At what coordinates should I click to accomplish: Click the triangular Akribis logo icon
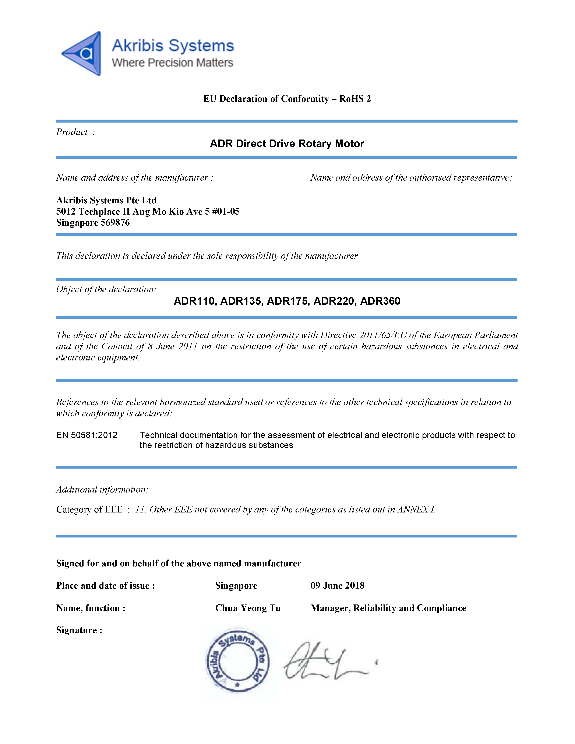pyautogui.click(x=83, y=53)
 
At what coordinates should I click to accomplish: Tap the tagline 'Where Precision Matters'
pyautogui.click(x=172, y=63)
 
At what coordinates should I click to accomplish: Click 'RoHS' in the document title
pyautogui.click(x=351, y=99)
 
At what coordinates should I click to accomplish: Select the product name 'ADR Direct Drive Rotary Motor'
pyautogui.click(x=287, y=143)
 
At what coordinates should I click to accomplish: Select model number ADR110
pyautogui.click(x=194, y=301)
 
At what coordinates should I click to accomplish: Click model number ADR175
pyautogui.click(x=287, y=301)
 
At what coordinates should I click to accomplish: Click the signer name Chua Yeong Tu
pyautogui.click(x=248, y=608)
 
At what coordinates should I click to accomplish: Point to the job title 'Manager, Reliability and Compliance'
pyautogui.click(x=388, y=608)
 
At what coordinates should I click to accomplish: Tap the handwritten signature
pyautogui.click(x=327, y=661)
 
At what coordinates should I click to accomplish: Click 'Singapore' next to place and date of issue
pyautogui.click(x=236, y=586)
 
